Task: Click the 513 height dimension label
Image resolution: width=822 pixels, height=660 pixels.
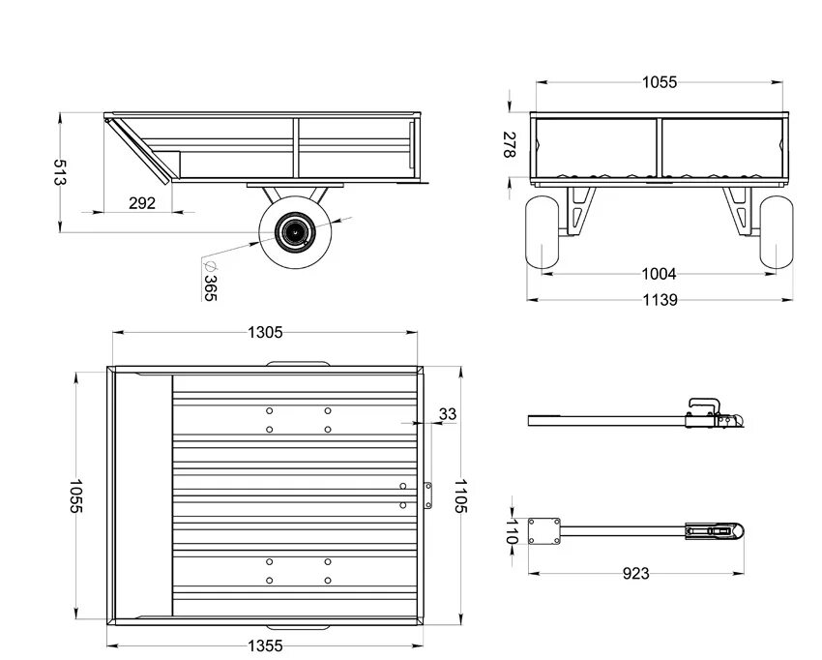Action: (x=60, y=172)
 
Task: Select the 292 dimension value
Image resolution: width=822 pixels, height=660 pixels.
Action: (x=142, y=203)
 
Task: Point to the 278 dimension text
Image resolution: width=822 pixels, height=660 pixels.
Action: (x=511, y=144)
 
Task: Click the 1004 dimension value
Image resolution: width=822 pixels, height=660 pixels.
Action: (x=660, y=274)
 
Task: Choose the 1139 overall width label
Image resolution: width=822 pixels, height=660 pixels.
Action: (x=660, y=299)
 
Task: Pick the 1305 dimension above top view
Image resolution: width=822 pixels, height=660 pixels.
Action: (x=265, y=332)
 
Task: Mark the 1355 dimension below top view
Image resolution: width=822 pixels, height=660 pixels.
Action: (x=265, y=645)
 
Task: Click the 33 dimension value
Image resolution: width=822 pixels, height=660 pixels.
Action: (x=447, y=414)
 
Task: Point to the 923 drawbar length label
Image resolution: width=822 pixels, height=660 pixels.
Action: (x=635, y=573)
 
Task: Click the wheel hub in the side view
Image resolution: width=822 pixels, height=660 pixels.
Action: (x=292, y=231)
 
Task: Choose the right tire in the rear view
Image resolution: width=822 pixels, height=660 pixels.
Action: (x=776, y=233)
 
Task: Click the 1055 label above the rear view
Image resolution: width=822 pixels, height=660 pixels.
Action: (x=660, y=83)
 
